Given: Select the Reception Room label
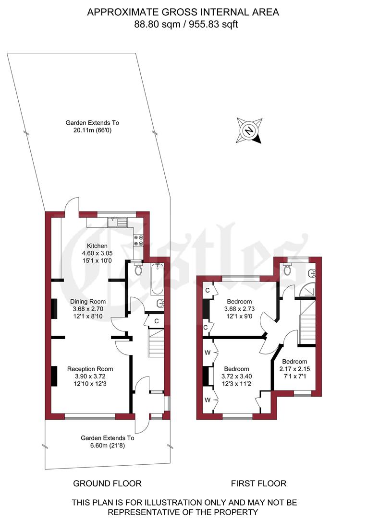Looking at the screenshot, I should [x=90, y=368].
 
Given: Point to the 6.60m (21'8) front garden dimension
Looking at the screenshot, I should [x=107, y=445].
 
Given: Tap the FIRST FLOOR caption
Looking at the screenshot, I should [x=259, y=483].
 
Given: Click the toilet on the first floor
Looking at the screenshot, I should [x=288, y=270].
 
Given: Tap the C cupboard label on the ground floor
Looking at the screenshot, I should [x=157, y=321].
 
